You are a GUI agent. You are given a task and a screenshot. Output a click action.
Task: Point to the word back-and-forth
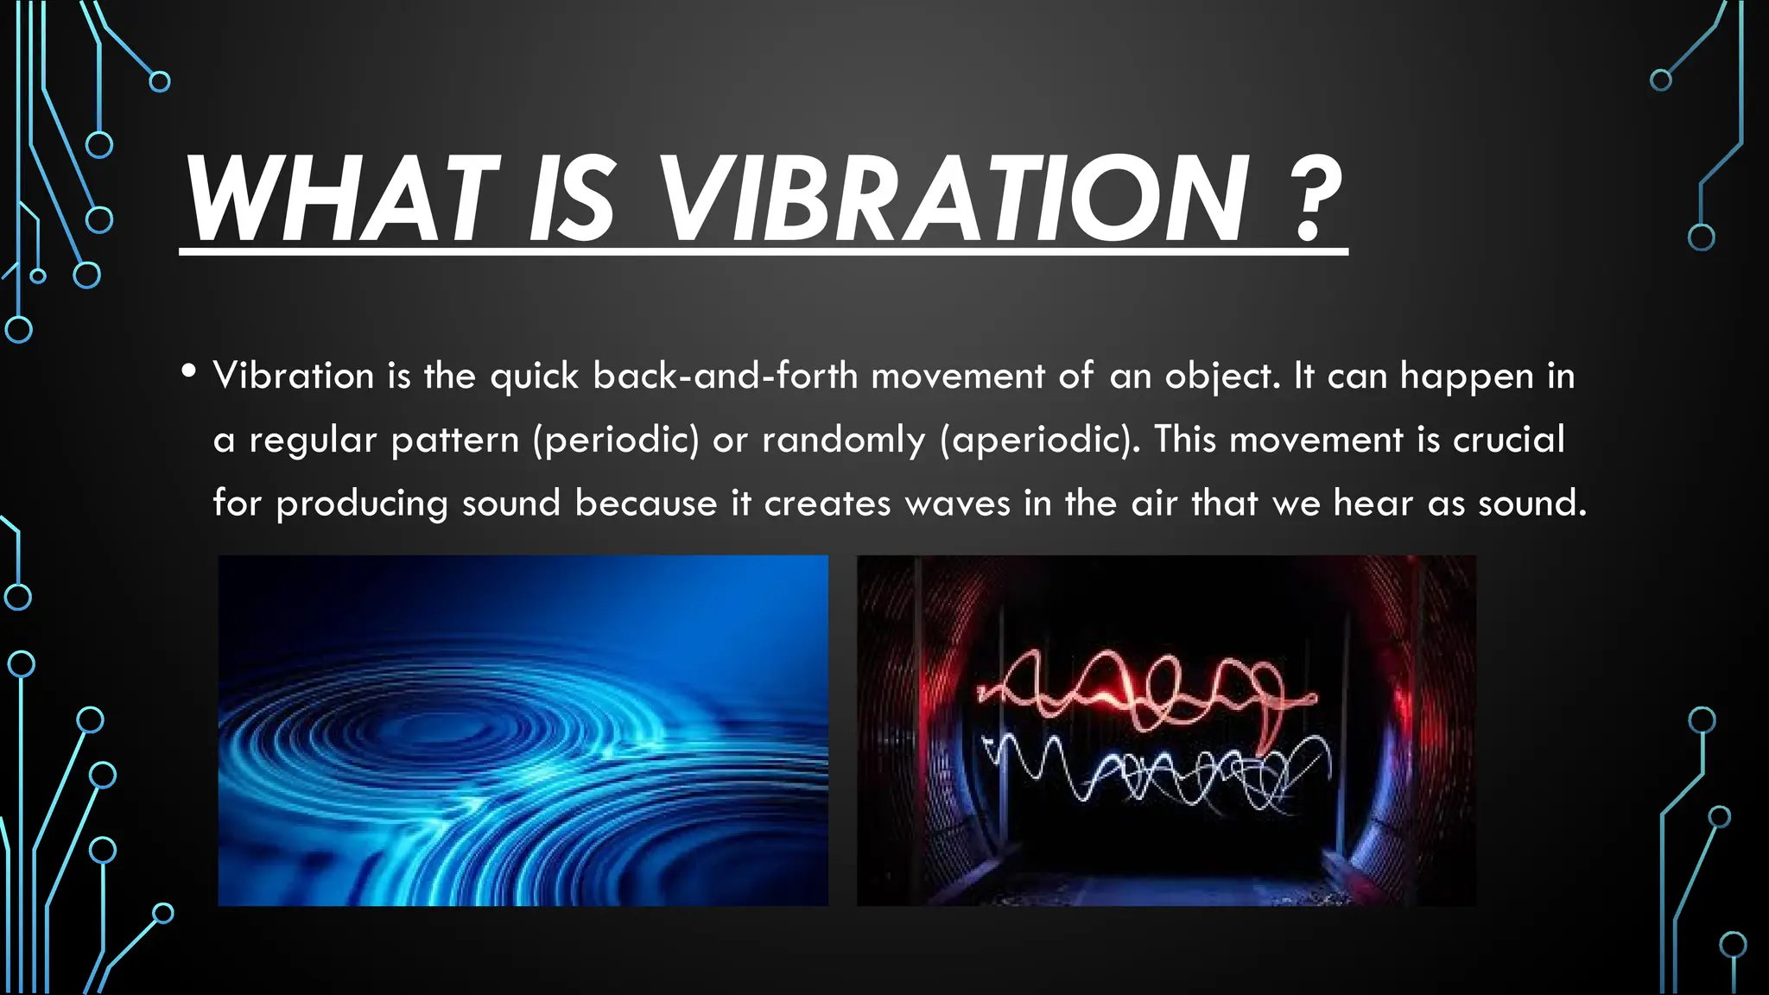pyautogui.click(x=725, y=376)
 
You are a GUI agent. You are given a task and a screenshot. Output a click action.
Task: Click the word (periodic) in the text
pyautogui.click(x=616, y=440)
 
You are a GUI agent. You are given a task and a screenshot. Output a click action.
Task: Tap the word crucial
pyautogui.click(x=1508, y=440)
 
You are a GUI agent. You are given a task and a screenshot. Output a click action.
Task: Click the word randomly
pyautogui.click(x=843, y=440)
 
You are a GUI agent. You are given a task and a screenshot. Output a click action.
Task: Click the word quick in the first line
pyautogui.click(x=534, y=376)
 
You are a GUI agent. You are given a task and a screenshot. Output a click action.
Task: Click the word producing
pyautogui.click(x=362, y=504)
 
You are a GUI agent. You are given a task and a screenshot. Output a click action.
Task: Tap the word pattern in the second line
pyautogui.click(x=455, y=440)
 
